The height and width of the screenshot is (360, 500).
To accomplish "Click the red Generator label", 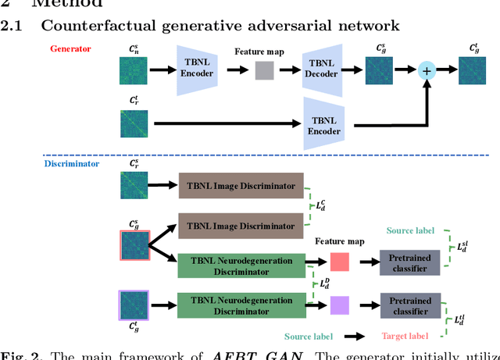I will (x=70, y=48).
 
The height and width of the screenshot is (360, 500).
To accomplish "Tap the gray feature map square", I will (x=266, y=71).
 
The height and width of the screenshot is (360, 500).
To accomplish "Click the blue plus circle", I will (x=427, y=71).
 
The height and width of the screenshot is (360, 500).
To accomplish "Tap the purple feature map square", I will (x=340, y=304).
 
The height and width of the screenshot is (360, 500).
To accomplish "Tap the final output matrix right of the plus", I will (x=470, y=71).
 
